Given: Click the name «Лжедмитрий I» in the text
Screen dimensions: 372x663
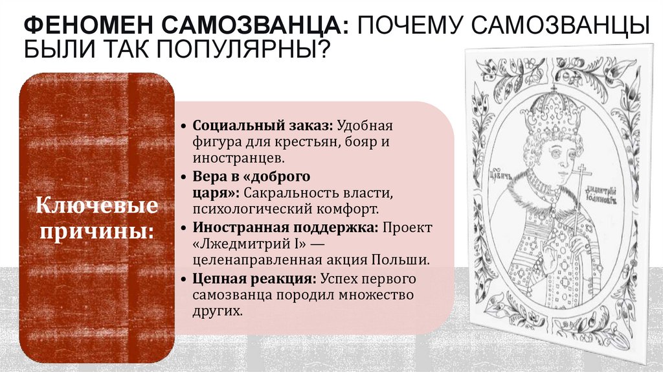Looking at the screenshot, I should click(247, 244).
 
